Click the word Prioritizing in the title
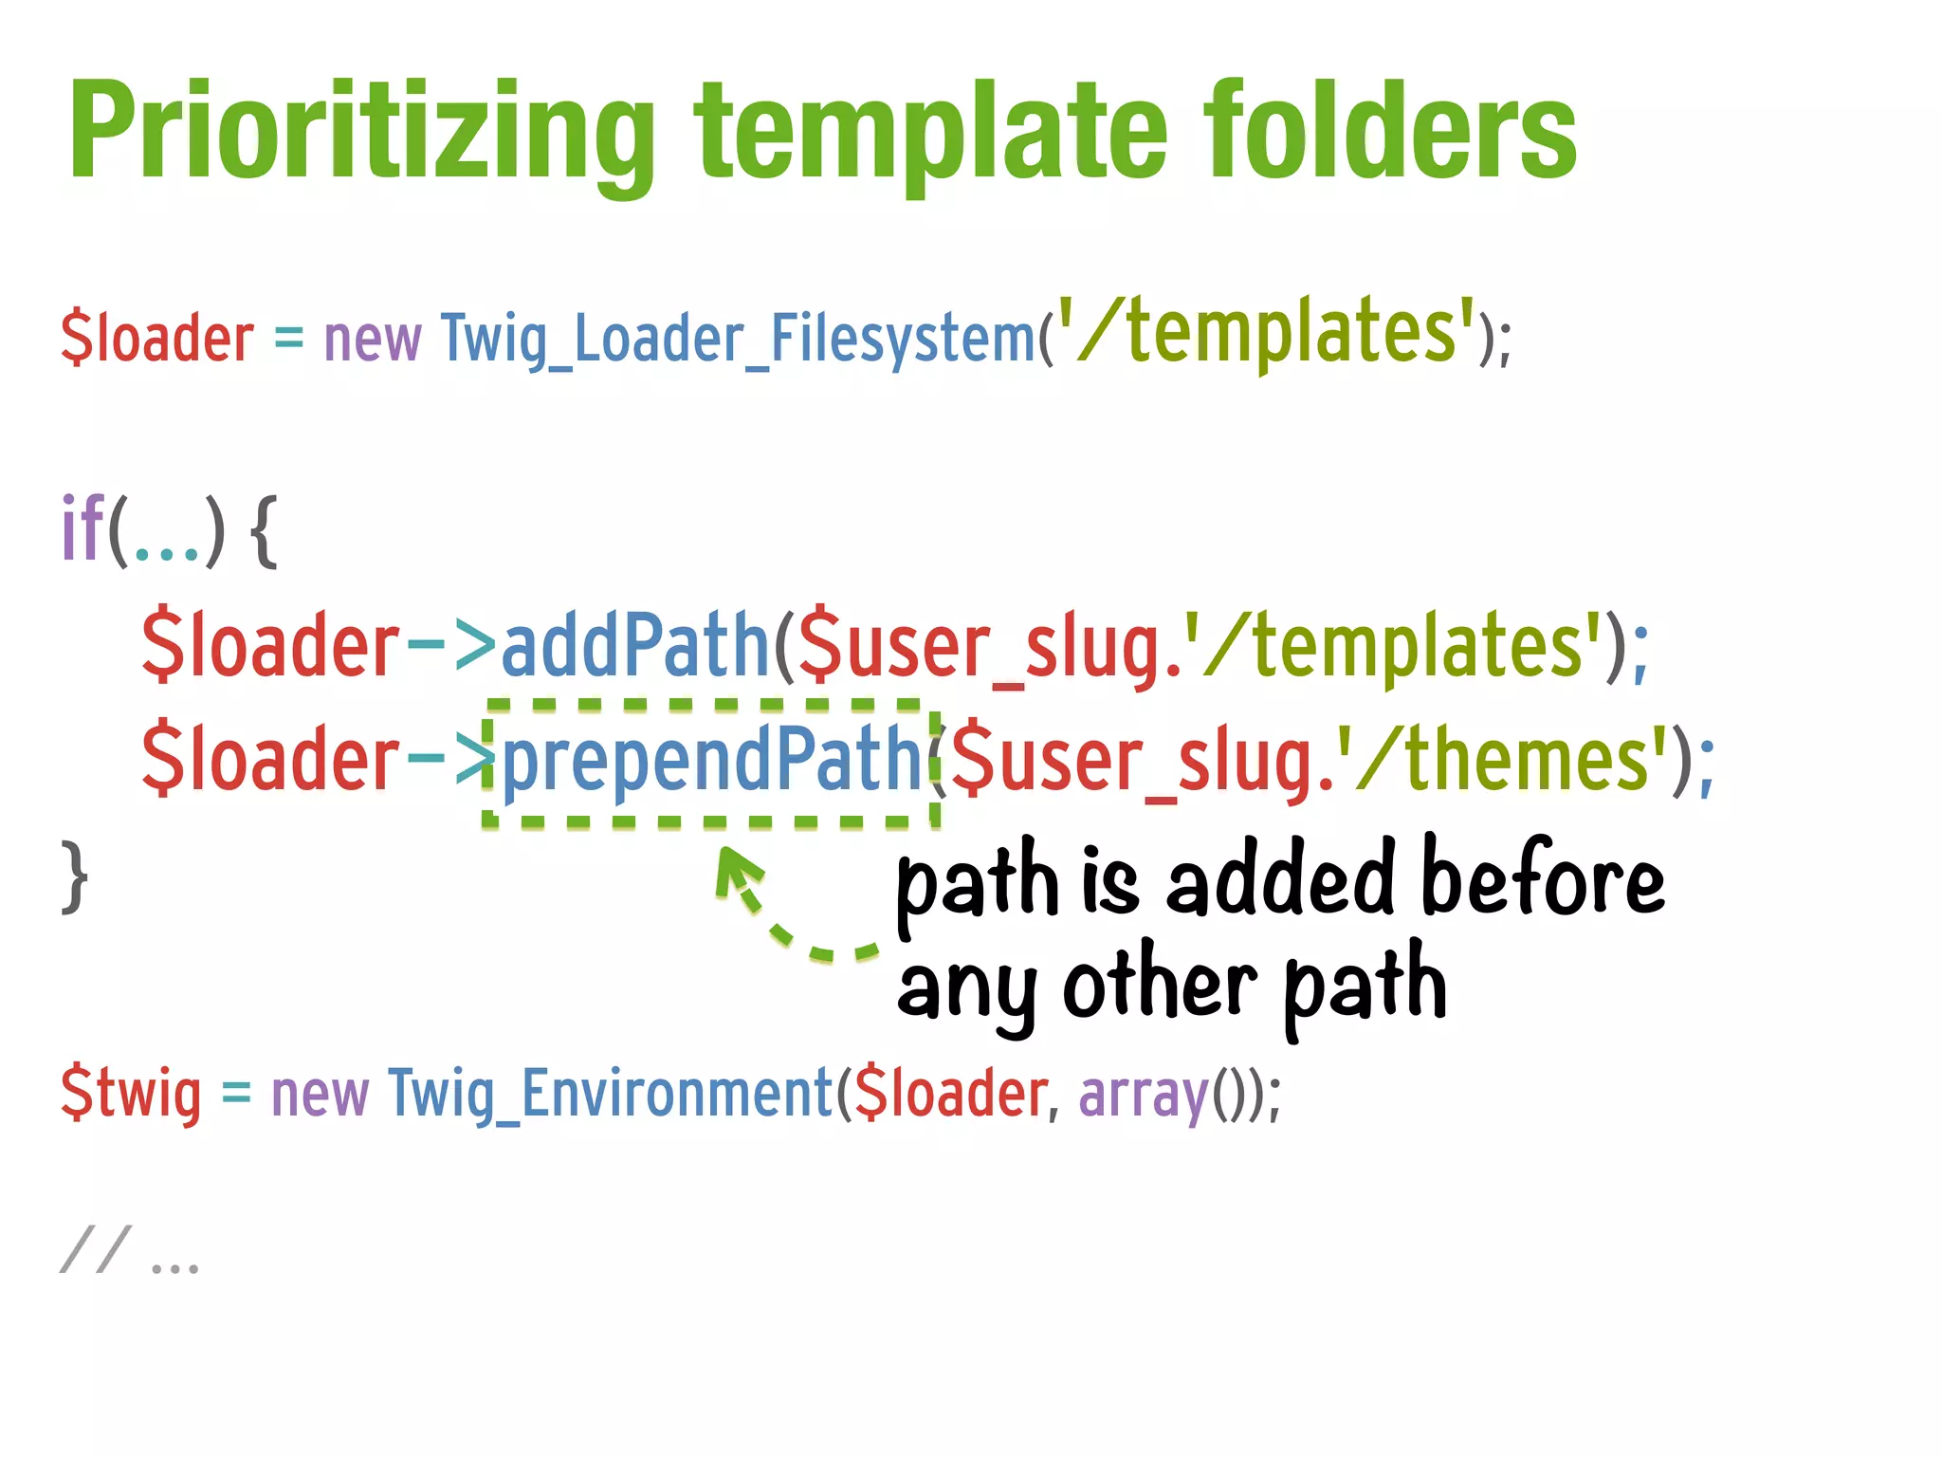[360, 133]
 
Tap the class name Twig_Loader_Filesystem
[738, 339]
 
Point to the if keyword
[82, 528]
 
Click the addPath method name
[633, 645]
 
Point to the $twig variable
[131, 1094]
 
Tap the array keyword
[1143, 1094]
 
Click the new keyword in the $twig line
[320, 1094]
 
